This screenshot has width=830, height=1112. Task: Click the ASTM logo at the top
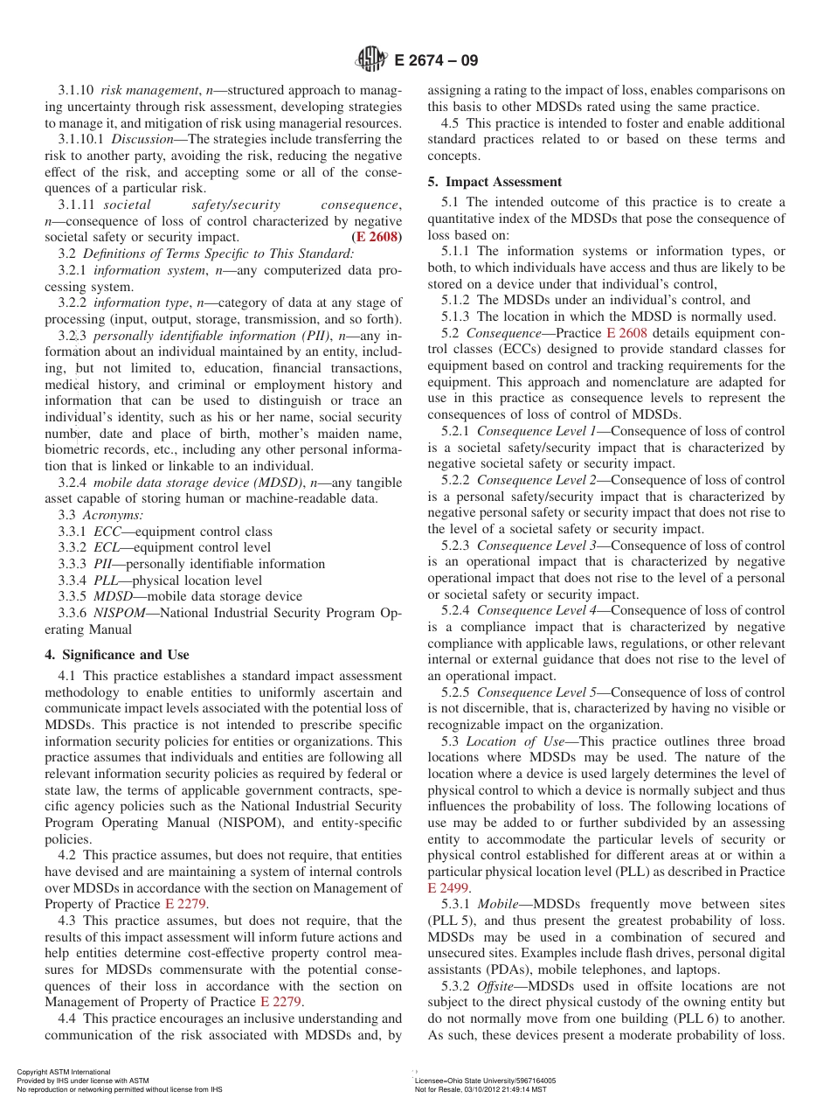coord(371,60)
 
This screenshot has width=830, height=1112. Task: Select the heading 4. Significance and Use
coord(116,655)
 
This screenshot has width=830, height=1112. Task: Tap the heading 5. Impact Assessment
coord(495,182)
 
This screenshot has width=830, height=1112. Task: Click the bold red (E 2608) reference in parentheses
coord(377,237)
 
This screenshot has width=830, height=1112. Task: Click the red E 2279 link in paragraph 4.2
coord(186,904)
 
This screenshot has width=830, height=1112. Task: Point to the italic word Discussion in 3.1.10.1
coord(142,139)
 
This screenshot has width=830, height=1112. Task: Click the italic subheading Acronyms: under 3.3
coord(113,515)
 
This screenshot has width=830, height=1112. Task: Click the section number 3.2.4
coord(73,483)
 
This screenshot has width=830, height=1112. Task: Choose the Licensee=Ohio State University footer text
coord(485,1081)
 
